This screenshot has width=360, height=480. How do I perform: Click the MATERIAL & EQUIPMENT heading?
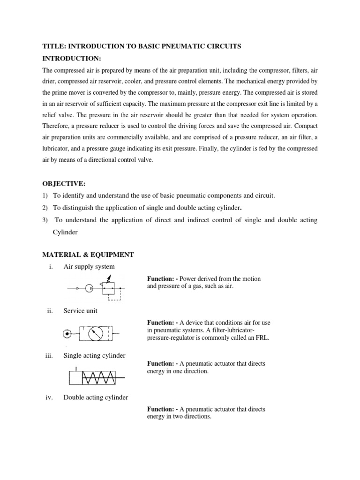(88, 255)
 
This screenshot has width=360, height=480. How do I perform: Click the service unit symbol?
(92, 334)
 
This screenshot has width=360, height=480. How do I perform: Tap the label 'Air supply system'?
(89, 267)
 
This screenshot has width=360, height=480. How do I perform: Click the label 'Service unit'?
(80, 311)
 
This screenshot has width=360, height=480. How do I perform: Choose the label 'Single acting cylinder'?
(94, 355)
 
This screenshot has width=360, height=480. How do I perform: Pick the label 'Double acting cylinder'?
(96, 397)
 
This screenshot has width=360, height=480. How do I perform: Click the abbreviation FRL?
(263, 337)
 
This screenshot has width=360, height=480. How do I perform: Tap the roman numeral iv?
(48, 397)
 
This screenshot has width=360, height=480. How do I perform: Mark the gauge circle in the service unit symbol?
(97, 334)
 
